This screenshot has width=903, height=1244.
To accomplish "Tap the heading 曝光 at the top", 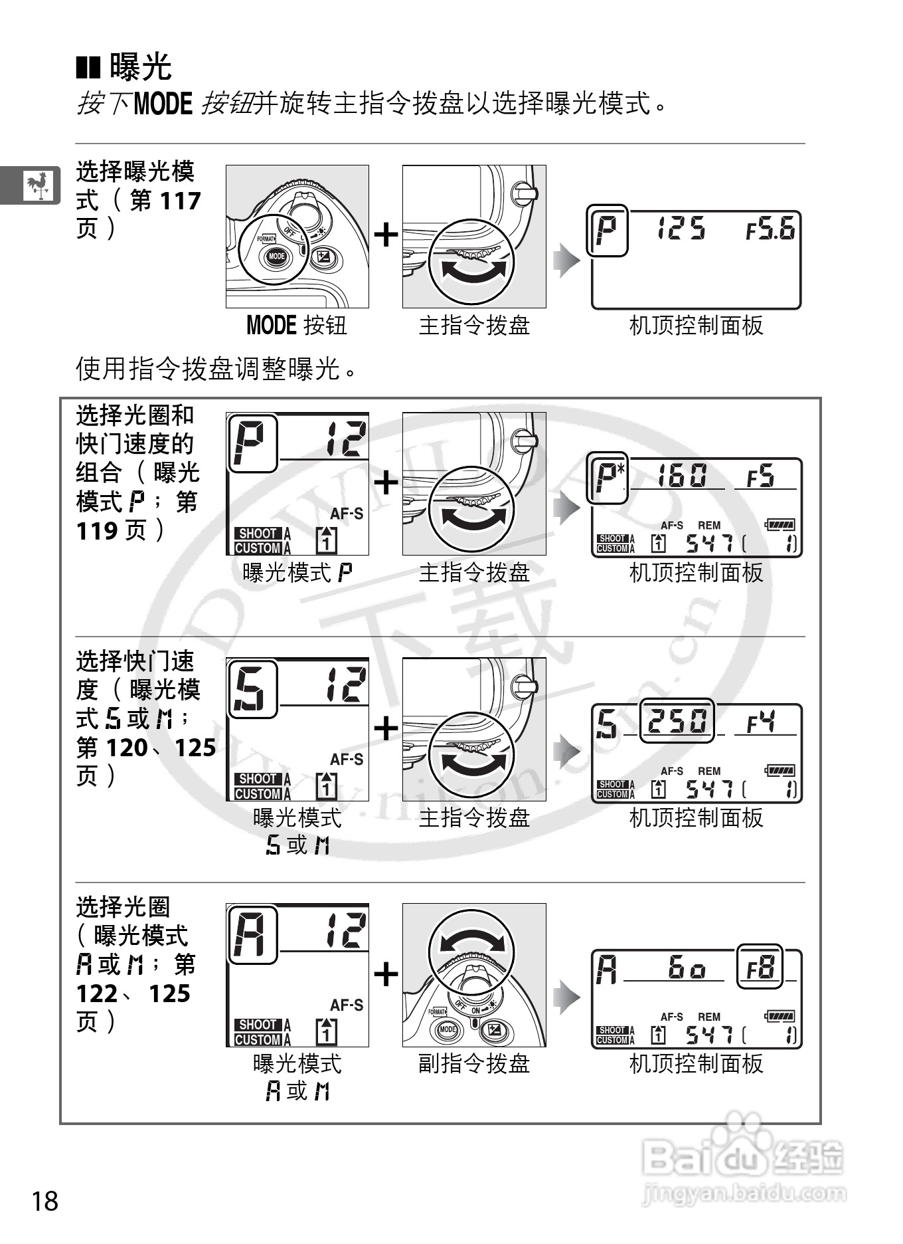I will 140,66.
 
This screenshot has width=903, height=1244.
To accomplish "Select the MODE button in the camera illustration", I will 276,256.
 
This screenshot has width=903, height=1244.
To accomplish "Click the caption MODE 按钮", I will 296,326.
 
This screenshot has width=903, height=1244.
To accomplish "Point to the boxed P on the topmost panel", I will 607,230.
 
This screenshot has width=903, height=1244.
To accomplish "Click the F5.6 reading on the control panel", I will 770,230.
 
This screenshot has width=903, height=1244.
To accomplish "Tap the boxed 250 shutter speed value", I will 677,720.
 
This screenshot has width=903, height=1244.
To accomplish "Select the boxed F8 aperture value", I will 760,967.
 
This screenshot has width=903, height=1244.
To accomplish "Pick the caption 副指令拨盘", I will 474,1064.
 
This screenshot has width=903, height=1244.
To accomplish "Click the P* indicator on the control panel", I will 608,477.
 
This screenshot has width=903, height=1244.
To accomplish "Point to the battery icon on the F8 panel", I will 780,1016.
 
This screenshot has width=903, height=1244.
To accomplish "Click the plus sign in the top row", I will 386,235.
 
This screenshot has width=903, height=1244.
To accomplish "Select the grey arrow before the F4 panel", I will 566,752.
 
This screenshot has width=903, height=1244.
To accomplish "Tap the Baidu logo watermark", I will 742,1158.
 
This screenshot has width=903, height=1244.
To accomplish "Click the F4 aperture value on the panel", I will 761,722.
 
